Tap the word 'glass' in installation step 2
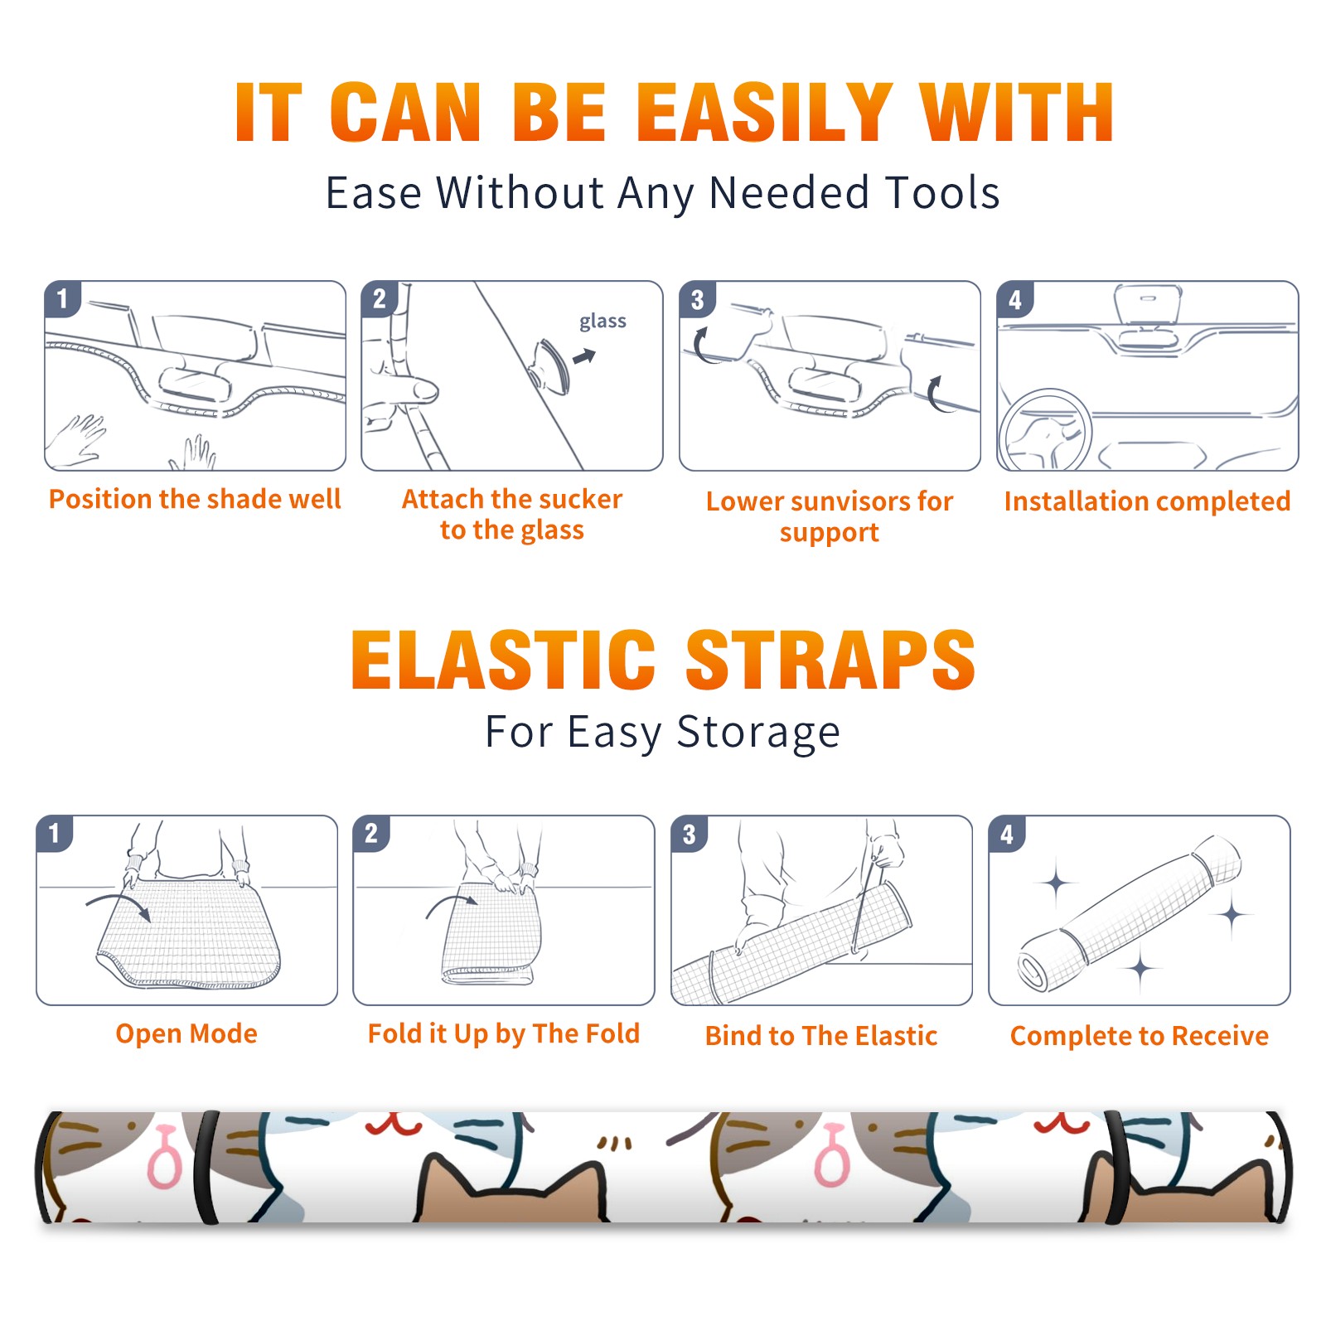[x=603, y=322]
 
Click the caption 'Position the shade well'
[x=195, y=499]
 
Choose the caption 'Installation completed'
[x=1147, y=501]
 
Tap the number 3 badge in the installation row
[x=696, y=300]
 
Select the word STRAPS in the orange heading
[x=830, y=660]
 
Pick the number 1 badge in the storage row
[x=55, y=833]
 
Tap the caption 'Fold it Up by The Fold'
[x=504, y=1033]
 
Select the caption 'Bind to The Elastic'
[x=820, y=1036]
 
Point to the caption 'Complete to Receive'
[x=1139, y=1036]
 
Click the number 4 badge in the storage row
[x=1007, y=834]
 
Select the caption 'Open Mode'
[x=186, y=1033]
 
